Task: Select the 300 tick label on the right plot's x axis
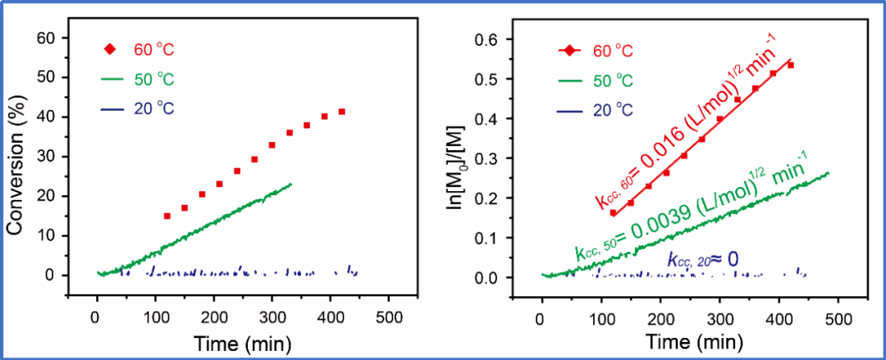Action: (719, 316)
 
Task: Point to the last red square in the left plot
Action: (342, 112)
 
